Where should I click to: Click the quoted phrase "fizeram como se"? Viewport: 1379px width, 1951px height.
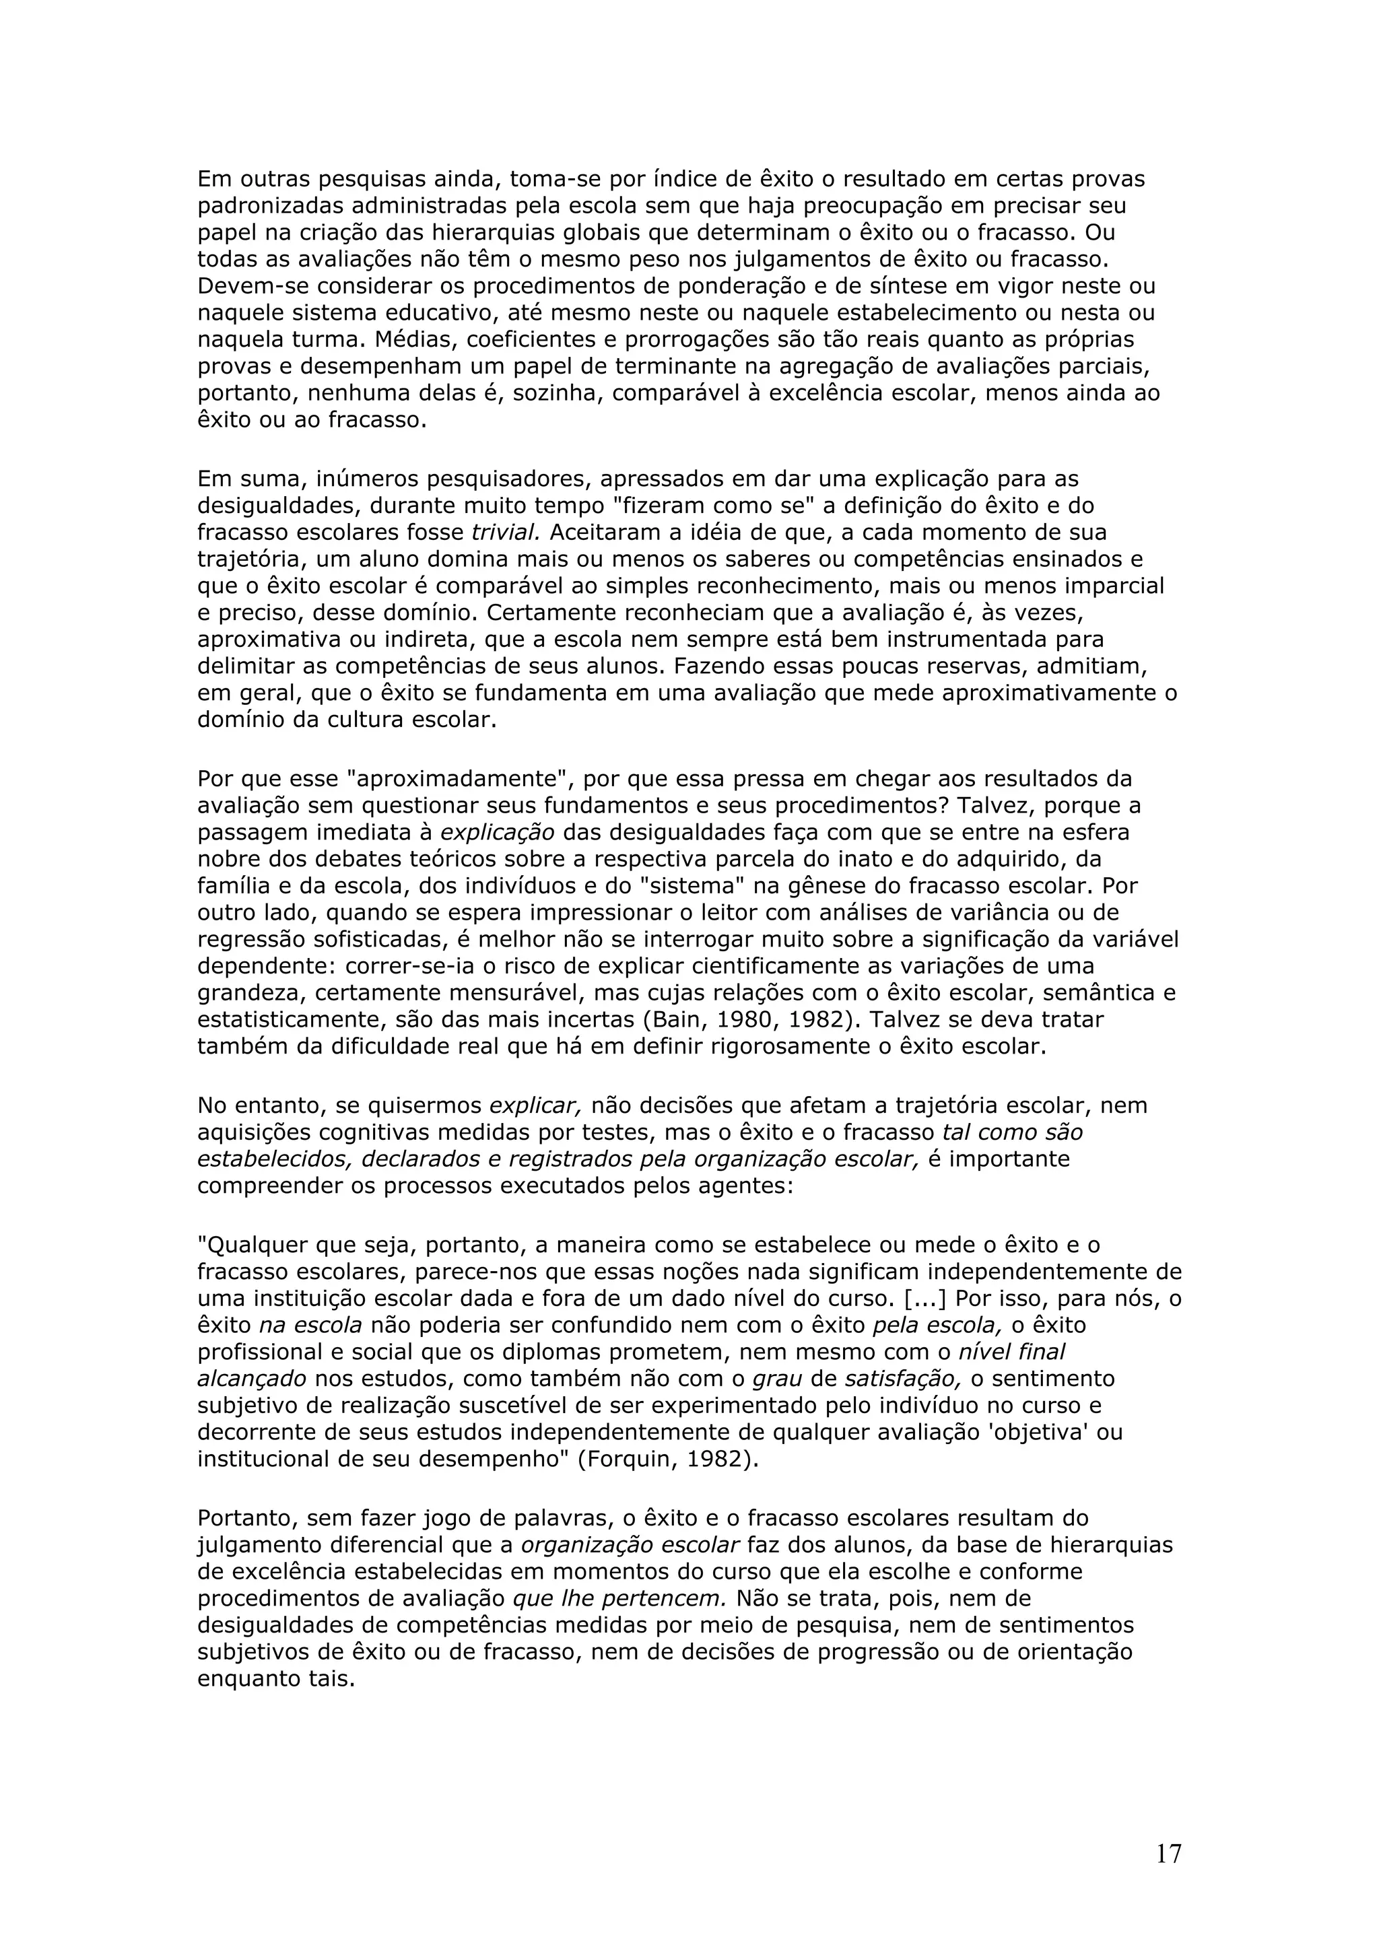(x=714, y=506)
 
